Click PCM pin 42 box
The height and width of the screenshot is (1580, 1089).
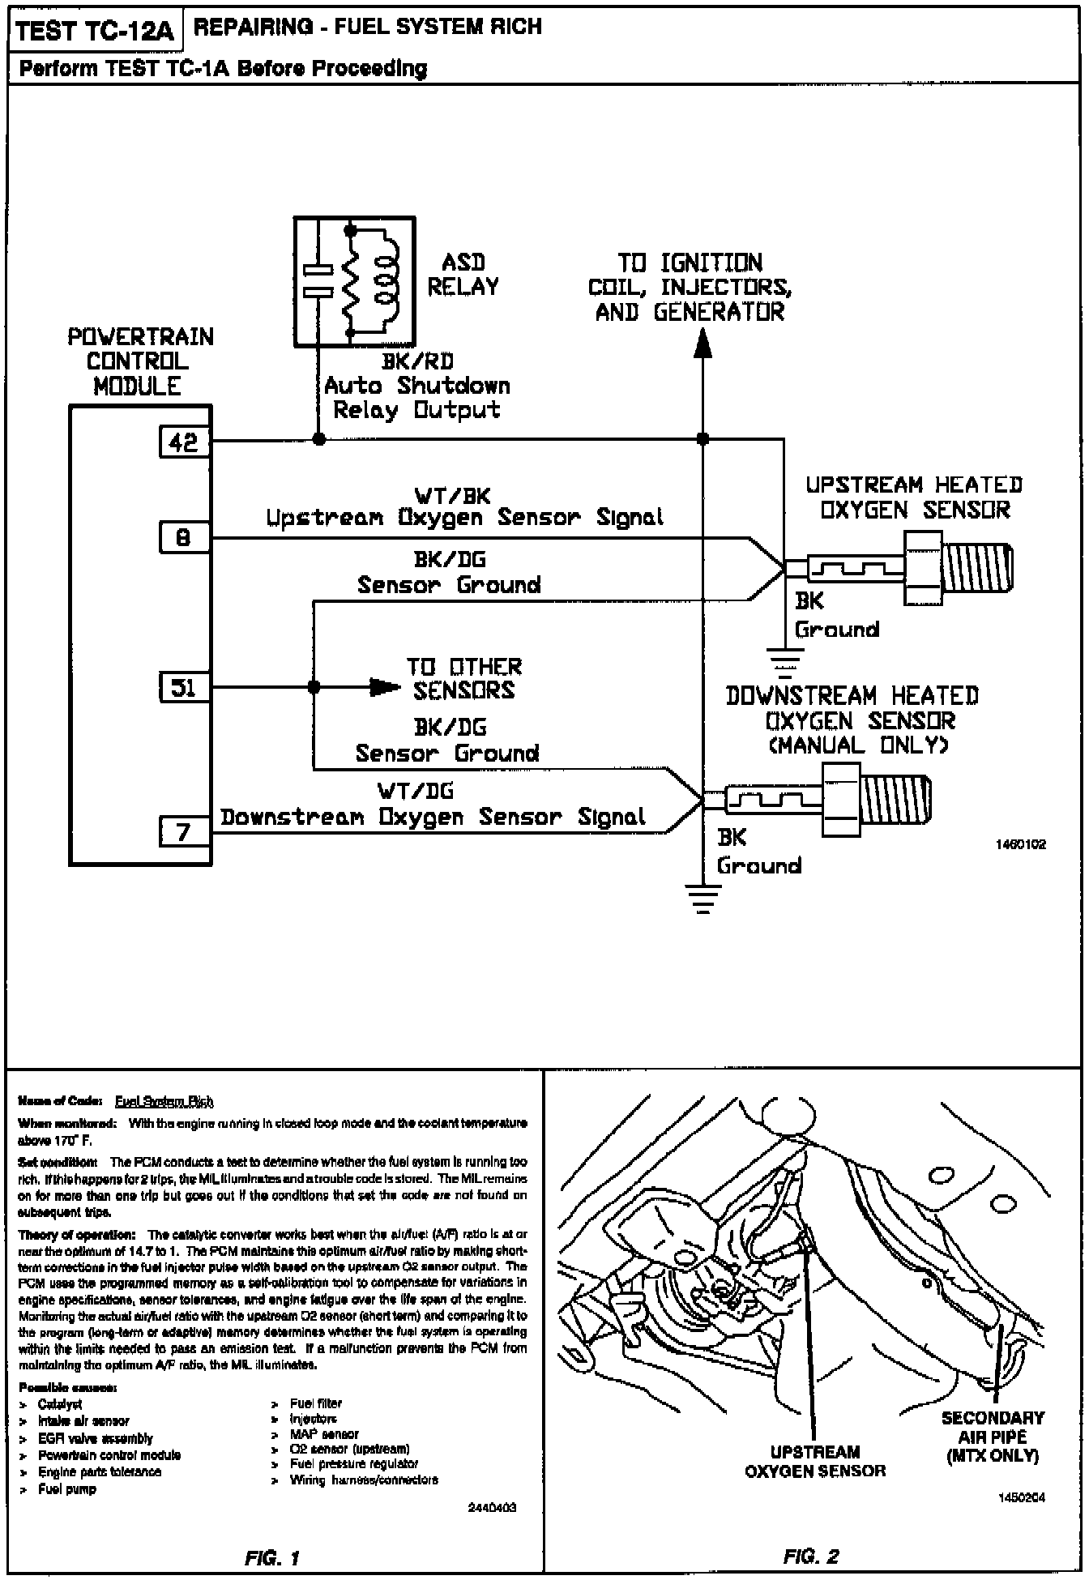[x=183, y=442]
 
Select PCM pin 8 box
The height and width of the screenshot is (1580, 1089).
[x=183, y=537]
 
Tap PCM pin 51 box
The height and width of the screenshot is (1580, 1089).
[x=183, y=688]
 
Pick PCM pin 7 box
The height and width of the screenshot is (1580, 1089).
[x=183, y=831]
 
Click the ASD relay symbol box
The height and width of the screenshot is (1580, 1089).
[x=354, y=277]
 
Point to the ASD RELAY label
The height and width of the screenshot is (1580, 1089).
[x=463, y=274]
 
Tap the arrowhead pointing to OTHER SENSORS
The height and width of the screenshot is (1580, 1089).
[x=382, y=687]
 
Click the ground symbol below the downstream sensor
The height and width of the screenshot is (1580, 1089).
[x=703, y=897]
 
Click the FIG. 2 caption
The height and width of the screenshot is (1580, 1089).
[x=811, y=1556]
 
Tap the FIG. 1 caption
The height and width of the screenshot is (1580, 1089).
[x=272, y=1557]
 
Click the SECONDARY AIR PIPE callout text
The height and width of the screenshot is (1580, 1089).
[x=993, y=1437]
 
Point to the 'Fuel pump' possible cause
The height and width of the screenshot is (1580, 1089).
[x=67, y=1489]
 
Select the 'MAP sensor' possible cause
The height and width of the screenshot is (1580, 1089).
[x=324, y=1433]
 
